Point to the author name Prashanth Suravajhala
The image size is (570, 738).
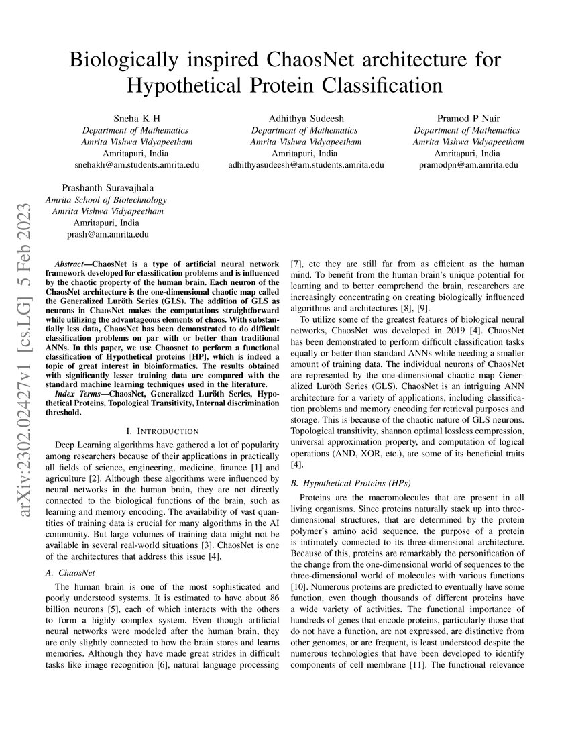coord(106,187)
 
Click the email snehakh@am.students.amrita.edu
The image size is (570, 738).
coord(136,164)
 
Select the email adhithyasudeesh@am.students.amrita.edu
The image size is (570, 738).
coord(306,164)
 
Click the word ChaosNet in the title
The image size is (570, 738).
coord(310,60)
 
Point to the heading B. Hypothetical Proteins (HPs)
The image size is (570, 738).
coord(351,483)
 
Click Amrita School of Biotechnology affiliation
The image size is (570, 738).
coord(106,199)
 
